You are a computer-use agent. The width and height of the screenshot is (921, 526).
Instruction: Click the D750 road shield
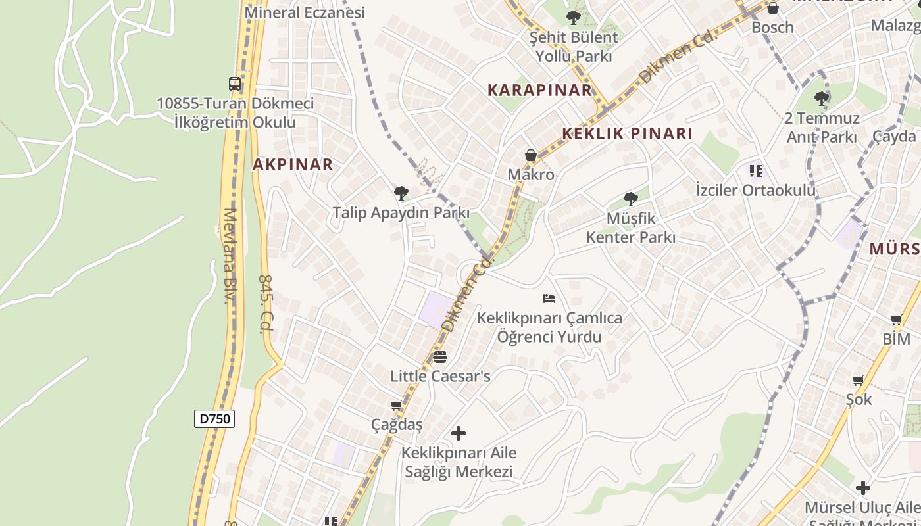coord(214,419)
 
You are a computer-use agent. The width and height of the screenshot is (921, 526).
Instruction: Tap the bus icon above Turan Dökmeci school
coord(235,84)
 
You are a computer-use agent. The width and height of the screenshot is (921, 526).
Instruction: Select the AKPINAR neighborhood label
coord(293,164)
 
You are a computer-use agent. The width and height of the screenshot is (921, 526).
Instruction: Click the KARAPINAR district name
coord(539,90)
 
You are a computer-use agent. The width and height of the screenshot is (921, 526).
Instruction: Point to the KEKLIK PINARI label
coord(627,133)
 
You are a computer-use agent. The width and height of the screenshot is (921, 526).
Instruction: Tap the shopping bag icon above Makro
coord(531,156)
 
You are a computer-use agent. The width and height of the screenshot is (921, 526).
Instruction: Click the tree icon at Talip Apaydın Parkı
coord(401,193)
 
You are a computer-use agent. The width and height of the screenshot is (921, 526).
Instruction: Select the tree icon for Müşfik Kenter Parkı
coord(630,199)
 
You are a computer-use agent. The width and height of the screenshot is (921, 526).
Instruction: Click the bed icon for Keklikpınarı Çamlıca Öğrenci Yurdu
coord(549,299)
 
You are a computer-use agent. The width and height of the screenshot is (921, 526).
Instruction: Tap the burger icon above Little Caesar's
coord(440,357)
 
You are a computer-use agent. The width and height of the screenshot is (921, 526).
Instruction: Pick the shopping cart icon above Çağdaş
coord(396,406)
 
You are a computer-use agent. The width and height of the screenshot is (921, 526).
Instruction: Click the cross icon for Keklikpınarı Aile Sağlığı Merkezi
coord(459,433)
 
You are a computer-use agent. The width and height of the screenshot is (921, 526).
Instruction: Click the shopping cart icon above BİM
coord(896,320)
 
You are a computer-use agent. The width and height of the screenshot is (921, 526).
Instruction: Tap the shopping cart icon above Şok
coord(858,380)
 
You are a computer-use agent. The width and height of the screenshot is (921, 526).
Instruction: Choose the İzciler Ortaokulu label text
coord(755,190)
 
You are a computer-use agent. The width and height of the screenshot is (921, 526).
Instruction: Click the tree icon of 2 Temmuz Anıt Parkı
coord(821,99)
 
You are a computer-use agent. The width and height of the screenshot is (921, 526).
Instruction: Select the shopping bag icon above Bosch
coord(773,9)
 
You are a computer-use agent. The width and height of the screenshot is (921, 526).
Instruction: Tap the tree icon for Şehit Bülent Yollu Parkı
coord(574,18)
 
